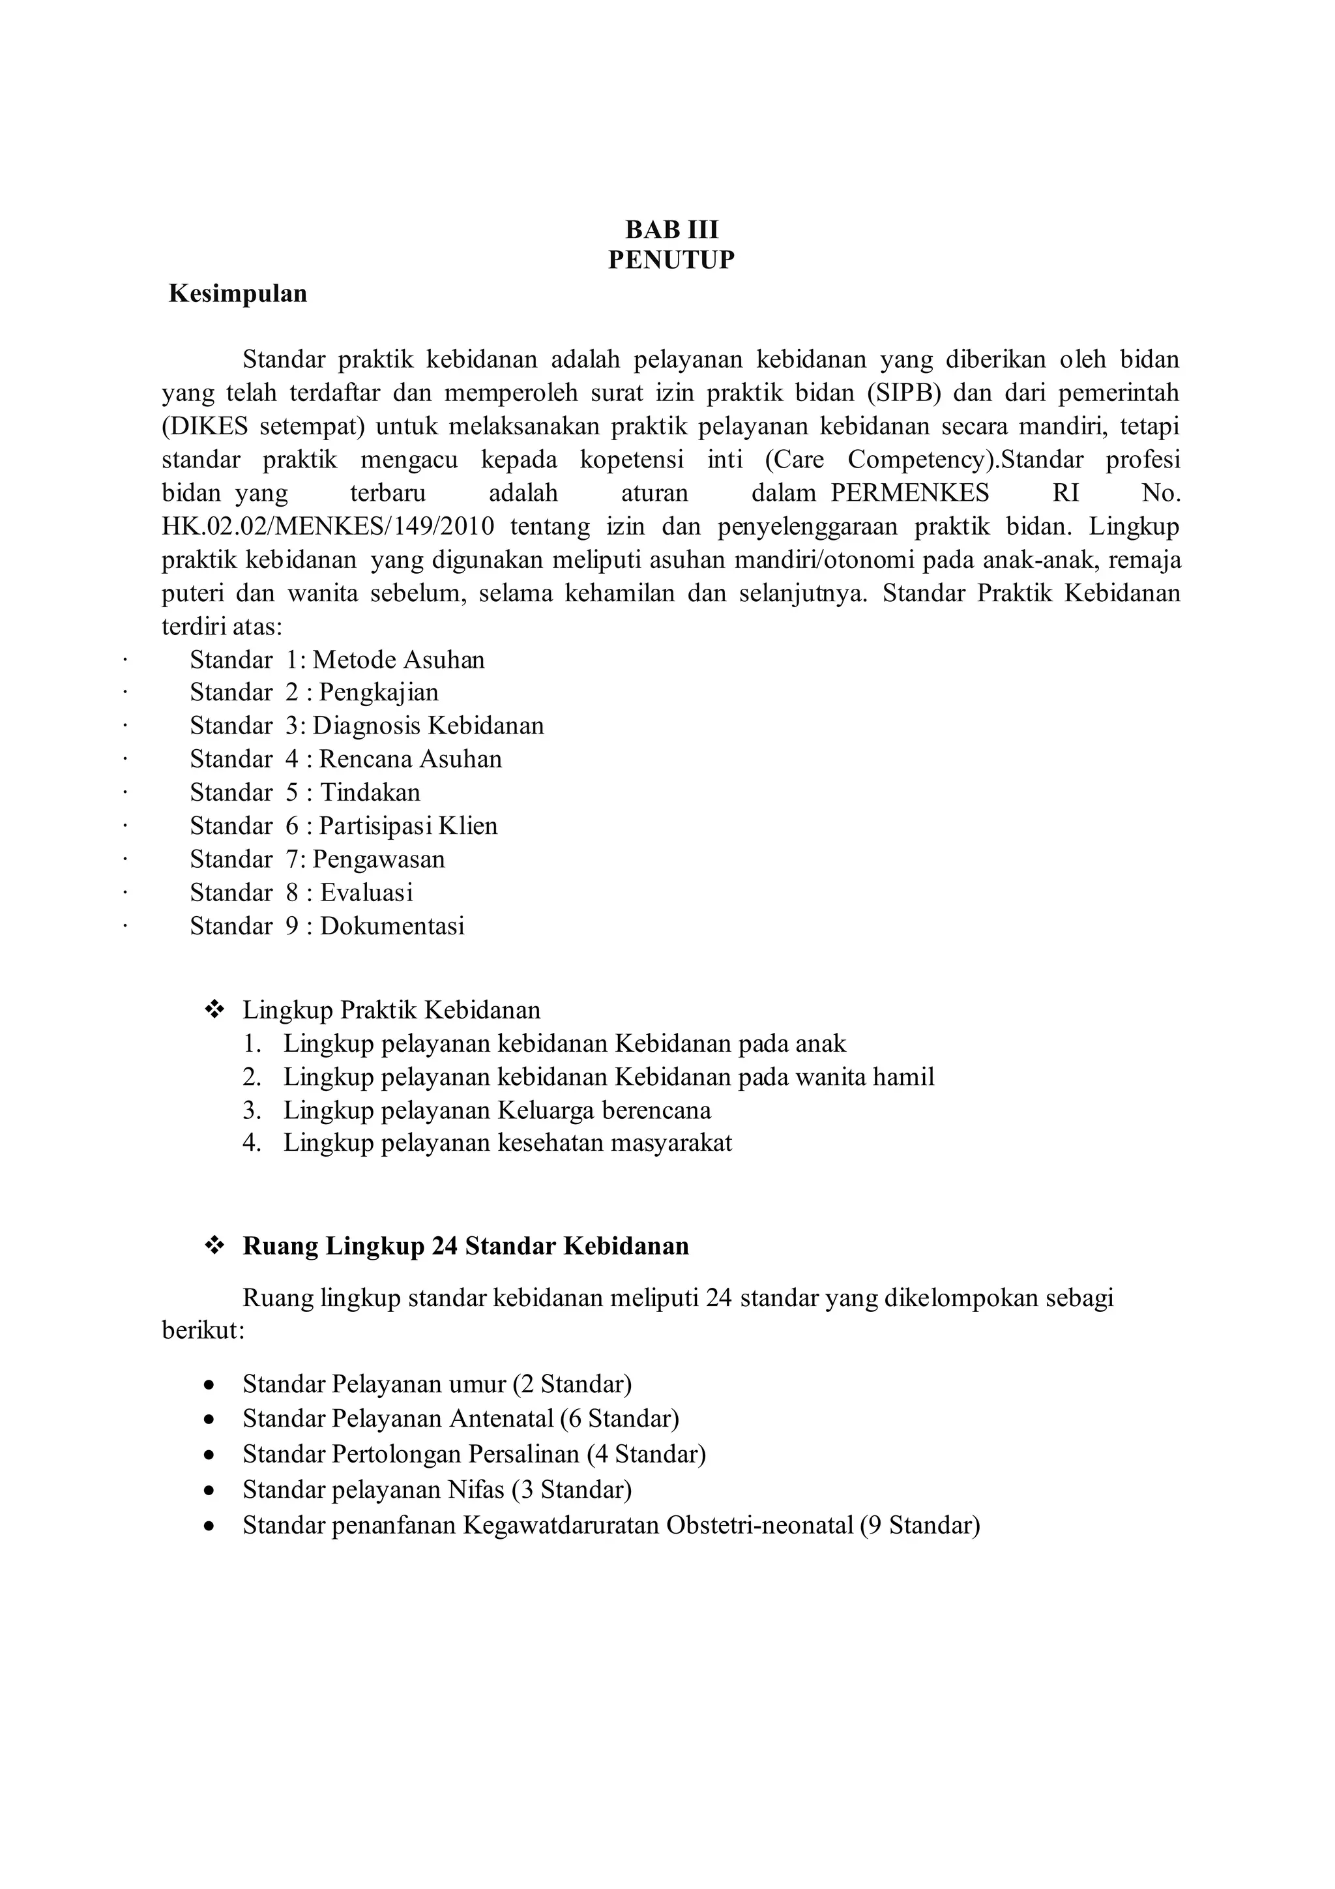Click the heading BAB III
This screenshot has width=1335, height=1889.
click(x=671, y=229)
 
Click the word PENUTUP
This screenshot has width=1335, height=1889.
click(x=671, y=260)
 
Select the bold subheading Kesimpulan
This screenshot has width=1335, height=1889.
click(x=238, y=293)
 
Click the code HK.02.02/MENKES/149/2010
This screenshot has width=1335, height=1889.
click(x=328, y=527)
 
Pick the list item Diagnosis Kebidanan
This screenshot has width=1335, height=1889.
click(x=428, y=726)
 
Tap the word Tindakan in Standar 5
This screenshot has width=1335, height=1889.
click(x=370, y=792)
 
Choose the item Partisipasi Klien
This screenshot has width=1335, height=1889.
click(x=408, y=826)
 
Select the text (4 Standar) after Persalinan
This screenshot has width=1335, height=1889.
click(x=646, y=1455)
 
